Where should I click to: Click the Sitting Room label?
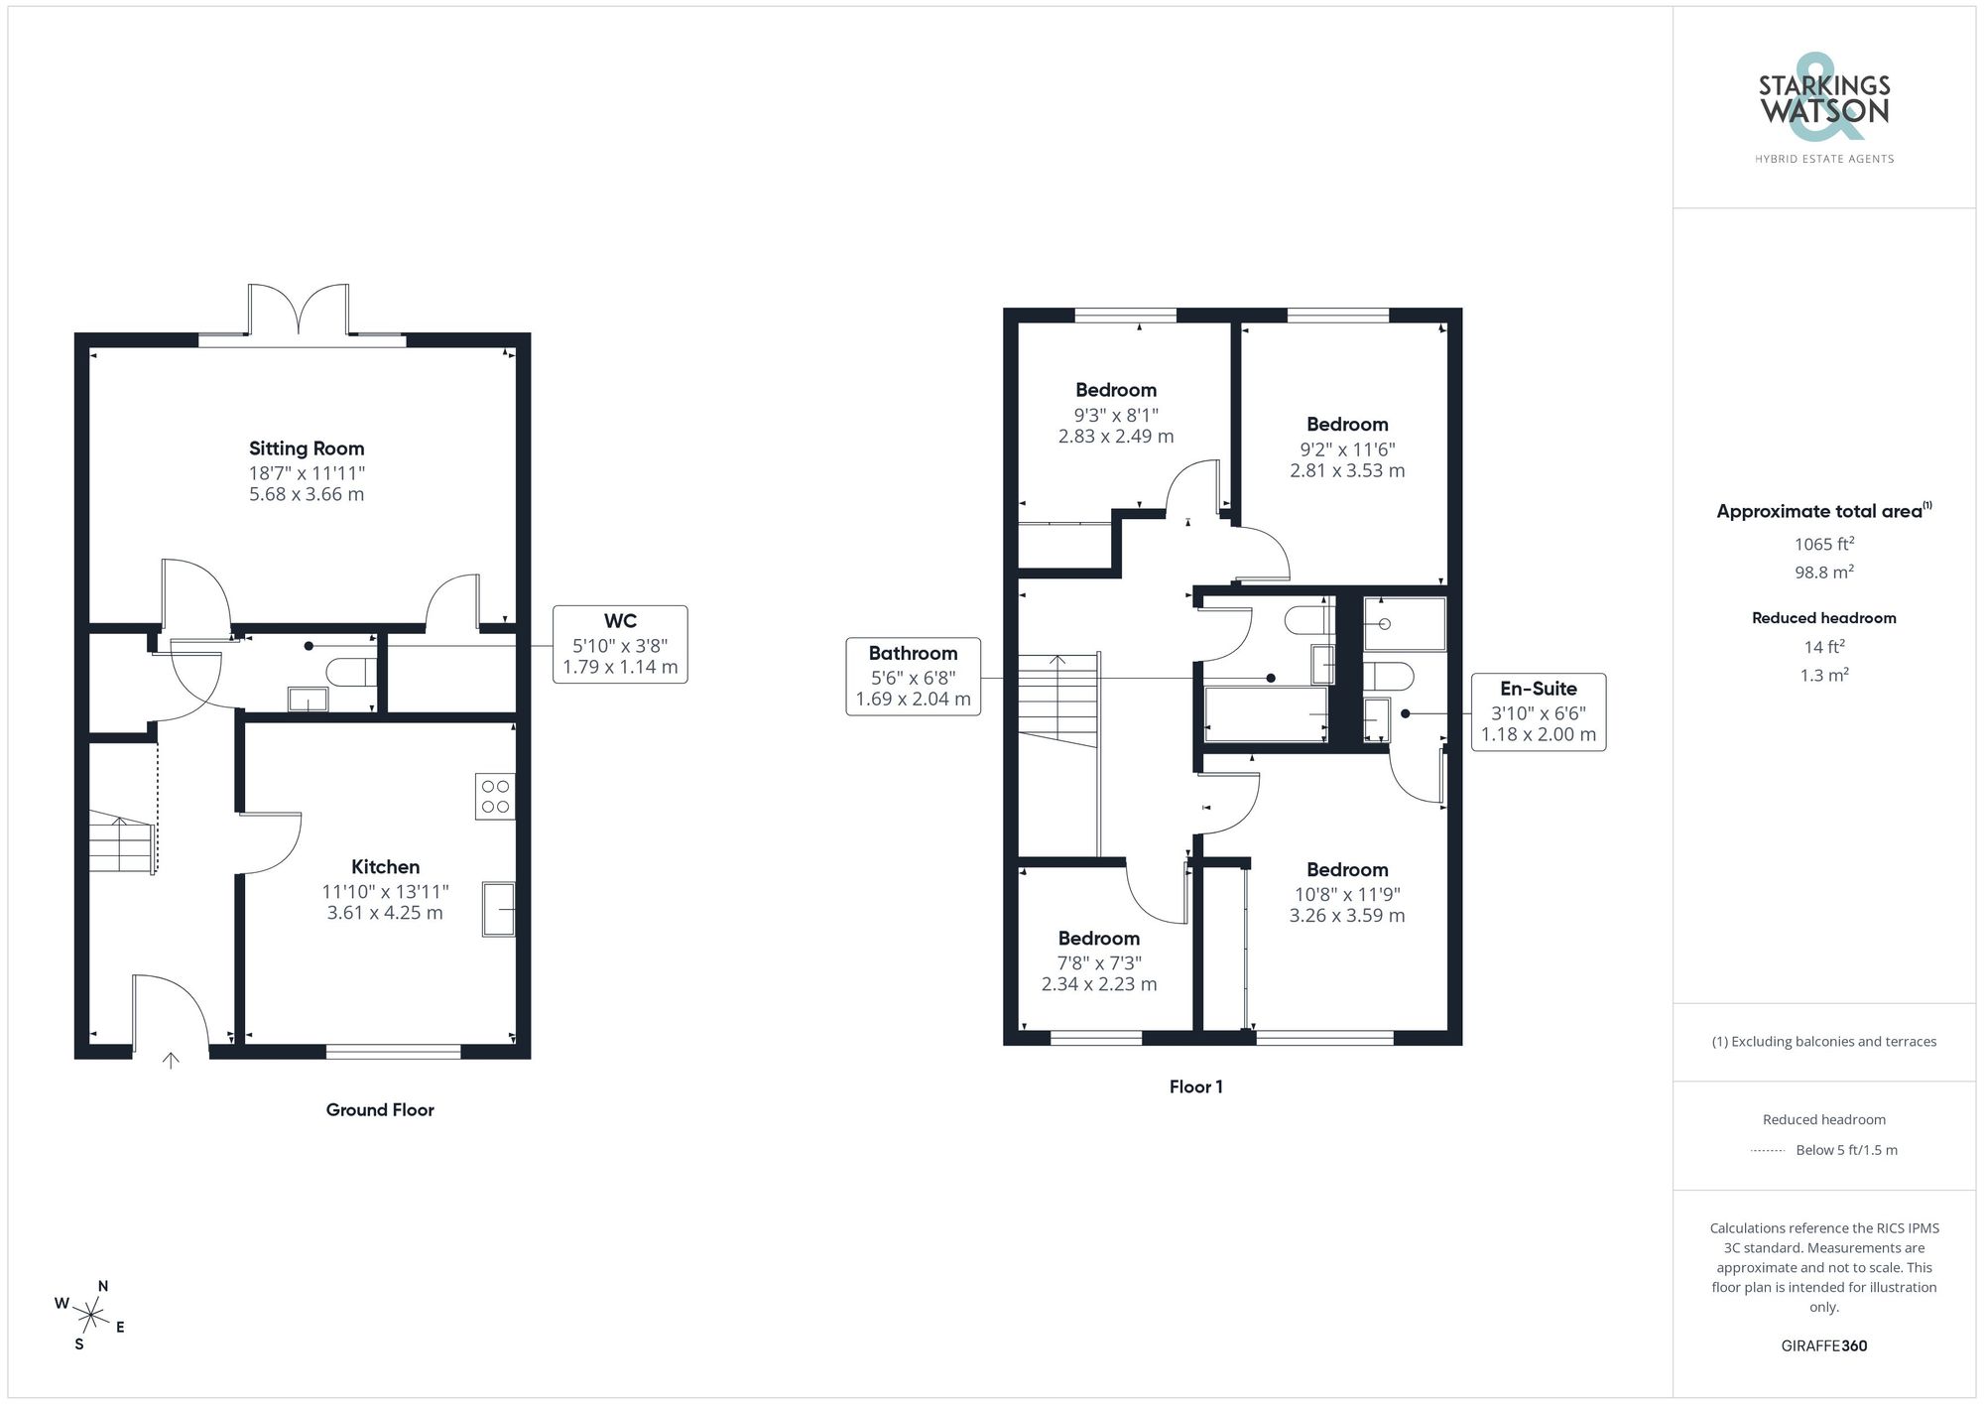point(307,448)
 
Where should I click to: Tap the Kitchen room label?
point(385,867)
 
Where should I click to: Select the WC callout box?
point(620,644)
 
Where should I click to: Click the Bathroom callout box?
point(913,677)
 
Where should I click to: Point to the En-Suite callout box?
point(1538,711)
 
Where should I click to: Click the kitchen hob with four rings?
point(495,796)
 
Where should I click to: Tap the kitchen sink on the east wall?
point(499,909)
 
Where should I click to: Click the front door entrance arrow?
point(171,1061)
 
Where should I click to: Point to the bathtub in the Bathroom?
point(1265,714)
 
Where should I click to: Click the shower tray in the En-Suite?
point(1404,623)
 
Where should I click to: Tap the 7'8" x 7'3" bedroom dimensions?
point(1098,962)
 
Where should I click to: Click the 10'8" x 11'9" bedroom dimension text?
point(1346,894)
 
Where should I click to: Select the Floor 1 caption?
point(1195,1086)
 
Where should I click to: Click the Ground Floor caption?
point(380,1109)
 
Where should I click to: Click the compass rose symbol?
point(91,1317)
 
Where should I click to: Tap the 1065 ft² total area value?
point(1823,544)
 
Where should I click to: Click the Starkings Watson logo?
point(1823,109)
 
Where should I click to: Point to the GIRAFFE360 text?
point(1823,1345)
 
